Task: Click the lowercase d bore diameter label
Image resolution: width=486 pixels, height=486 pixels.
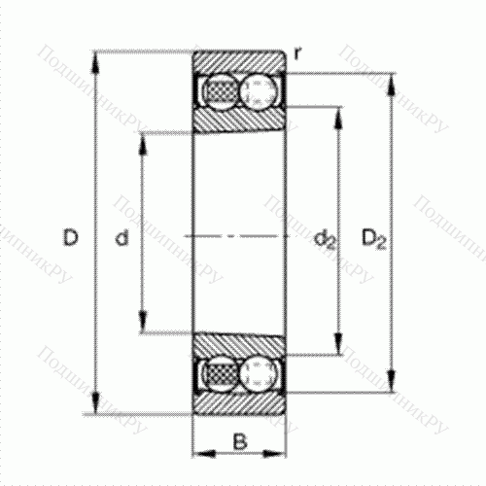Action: click(121, 236)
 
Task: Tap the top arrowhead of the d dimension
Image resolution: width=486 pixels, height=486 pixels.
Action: click(143, 138)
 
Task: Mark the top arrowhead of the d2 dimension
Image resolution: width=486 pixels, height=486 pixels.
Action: click(339, 110)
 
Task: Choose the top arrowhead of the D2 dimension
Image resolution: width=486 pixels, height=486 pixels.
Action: click(393, 77)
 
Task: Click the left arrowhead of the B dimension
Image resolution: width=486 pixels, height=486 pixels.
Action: click(198, 452)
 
